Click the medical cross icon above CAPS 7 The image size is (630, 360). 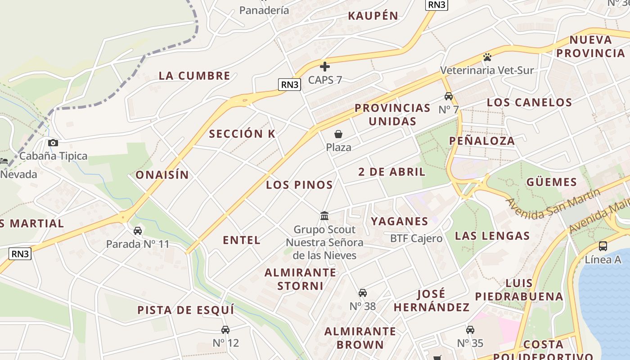pyautogui.click(x=325, y=67)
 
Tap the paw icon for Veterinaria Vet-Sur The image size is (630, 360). pyautogui.click(x=487, y=57)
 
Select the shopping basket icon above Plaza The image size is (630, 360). pyautogui.click(x=338, y=134)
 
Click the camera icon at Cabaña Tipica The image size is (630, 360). pyautogui.click(x=53, y=143)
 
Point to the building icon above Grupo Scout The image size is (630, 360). pyautogui.click(x=324, y=216)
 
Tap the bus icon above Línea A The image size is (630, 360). pyautogui.click(x=603, y=246)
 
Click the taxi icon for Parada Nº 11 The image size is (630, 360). pyautogui.click(x=138, y=231)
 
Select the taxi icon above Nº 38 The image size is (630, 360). pyautogui.click(x=363, y=293)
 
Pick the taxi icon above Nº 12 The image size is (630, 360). pyautogui.click(x=225, y=330)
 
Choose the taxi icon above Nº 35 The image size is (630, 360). pyautogui.click(x=470, y=330)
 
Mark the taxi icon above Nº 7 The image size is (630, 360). pyautogui.click(x=449, y=96)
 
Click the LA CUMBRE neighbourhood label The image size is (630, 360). pyautogui.click(x=194, y=76)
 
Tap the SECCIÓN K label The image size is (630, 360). pyautogui.click(x=242, y=134)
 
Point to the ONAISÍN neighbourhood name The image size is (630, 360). pyautogui.click(x=162, y=175)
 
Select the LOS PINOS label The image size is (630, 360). pyautogui.click(x=299, y=184)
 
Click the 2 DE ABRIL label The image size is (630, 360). pyautogui.click(x=392, y=171)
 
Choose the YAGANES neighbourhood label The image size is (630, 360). pyautogui.click(x=400, y=221)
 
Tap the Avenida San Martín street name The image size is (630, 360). pyautogui.click(x=553, y=204)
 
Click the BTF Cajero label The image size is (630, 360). pyautogui.click(x=416, y=238)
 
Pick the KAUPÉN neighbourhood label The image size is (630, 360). pyautogui.click(x=373, y=16)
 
